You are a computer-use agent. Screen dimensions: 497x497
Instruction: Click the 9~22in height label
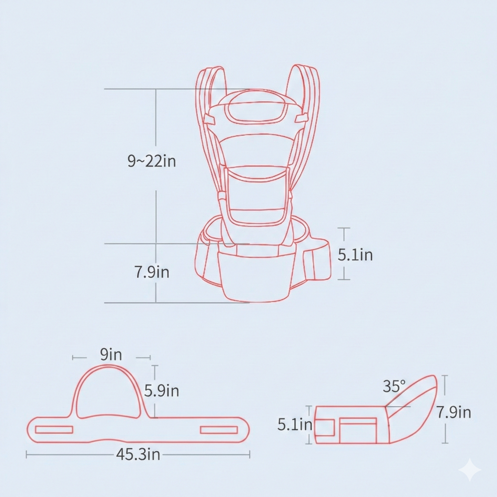tap(152, 161)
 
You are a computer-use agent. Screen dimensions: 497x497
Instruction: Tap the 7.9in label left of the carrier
tap(152, 272)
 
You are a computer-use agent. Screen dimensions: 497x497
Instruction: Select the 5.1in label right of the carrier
tap(355, 255)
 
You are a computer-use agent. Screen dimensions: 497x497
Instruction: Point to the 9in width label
tap(111, 355)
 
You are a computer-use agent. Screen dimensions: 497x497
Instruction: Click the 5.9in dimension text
tap(161, 391)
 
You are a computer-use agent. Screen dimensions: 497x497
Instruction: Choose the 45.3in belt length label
tap(138, 454)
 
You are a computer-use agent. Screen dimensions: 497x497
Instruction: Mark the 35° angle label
tap(394, 386)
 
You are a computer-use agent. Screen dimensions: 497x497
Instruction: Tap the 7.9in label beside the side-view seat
tap(454, 412)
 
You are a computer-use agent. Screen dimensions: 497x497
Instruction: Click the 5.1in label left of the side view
tap(295, 424)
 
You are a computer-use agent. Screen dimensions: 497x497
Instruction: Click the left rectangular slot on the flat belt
tap(54, 430)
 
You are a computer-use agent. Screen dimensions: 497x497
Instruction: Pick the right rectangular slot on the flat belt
tap(219, 430)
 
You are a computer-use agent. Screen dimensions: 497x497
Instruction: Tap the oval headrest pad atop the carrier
tap(257, 106)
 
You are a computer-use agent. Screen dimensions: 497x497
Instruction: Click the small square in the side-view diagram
tap(325, 428)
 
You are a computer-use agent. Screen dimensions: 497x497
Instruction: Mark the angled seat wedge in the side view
tap(411, 409)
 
